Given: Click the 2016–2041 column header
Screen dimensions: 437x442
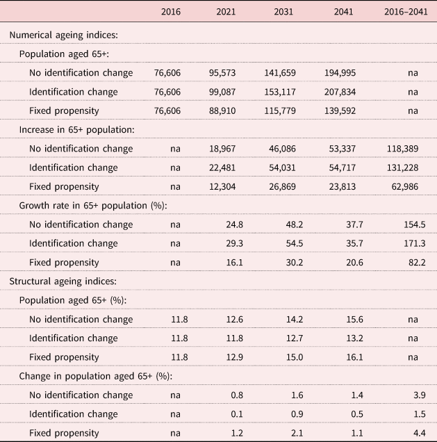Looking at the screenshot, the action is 406,12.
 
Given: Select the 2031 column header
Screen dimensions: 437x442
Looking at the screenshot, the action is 283,12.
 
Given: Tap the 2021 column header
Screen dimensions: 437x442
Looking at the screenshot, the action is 226,12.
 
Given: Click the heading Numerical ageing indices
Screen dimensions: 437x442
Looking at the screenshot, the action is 64,35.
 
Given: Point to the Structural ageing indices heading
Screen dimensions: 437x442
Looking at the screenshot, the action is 63,281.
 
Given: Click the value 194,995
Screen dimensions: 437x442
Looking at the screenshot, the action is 340,73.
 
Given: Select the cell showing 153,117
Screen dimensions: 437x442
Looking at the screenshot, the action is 280,92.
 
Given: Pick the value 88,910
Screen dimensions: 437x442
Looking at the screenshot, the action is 222,110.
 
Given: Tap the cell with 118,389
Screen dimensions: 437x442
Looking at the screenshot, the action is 402,149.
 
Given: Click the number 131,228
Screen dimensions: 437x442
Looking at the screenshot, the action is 402,167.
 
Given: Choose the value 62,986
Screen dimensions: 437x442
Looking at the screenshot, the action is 405,187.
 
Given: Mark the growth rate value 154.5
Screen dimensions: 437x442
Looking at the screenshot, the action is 415,224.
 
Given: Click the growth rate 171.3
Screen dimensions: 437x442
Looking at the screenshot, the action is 415,243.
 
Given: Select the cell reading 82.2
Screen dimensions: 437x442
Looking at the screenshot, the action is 417,263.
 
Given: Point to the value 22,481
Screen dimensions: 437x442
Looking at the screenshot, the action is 222,167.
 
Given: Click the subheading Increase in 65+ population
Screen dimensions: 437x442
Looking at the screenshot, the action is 77,130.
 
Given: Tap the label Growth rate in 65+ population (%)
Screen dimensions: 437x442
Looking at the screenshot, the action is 93,206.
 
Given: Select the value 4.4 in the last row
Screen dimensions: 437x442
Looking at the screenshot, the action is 419,433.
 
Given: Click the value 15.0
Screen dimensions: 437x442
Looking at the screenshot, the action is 295,357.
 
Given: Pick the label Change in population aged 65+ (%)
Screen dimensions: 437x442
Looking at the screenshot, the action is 96,376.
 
